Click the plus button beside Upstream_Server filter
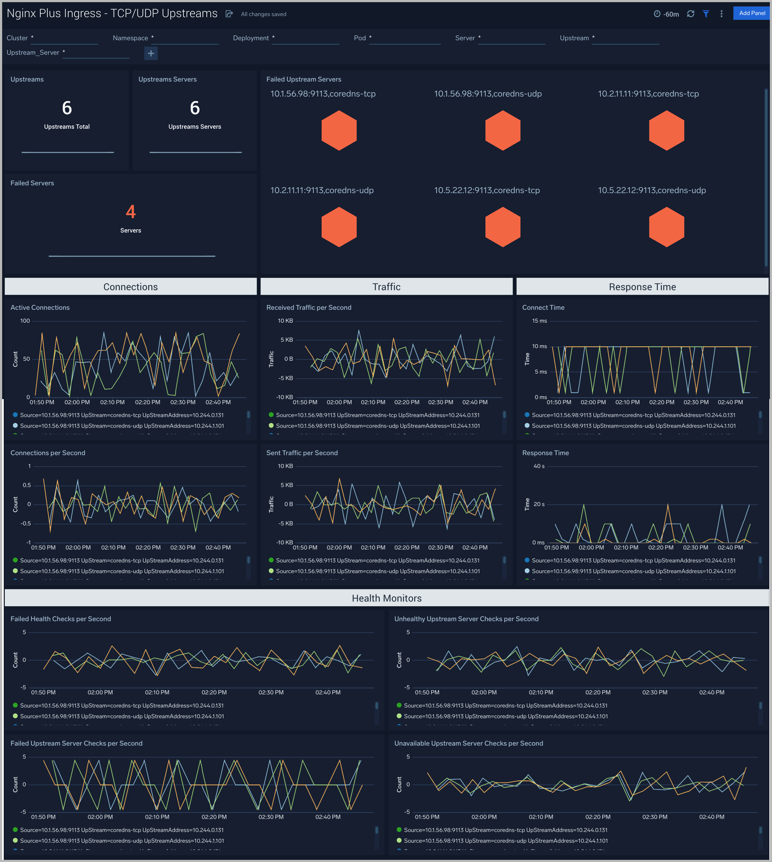click(x=150, y=53)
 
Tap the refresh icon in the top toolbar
click(x=690, y=14)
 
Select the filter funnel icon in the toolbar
click(x=706, y=14)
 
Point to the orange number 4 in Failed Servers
click(x=131, y=212)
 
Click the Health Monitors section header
click(x=387, y=598)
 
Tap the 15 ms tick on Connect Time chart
click(x=539, y=321)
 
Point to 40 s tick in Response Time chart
click(x=539, y=466)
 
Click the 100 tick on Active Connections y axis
click(x=25, y=321)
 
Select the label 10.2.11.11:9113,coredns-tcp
click(x=648, y=94)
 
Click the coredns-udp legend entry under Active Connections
click(x=122, y=426)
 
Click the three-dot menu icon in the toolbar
click(x=721, y=14)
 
